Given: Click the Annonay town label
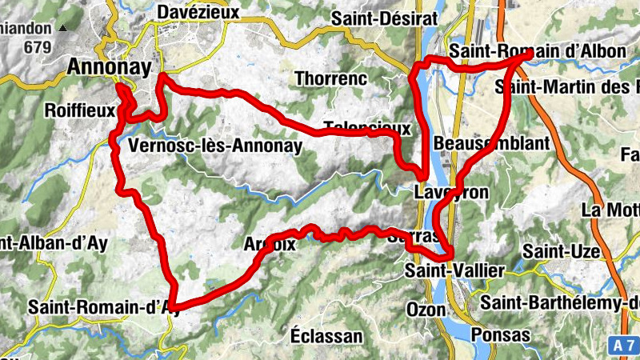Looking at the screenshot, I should click(x=110, y=68).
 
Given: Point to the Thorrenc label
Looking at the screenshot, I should click(x=330, y=78).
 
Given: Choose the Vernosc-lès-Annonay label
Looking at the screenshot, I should click(x=215, y=146).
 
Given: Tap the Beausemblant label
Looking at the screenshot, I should click(x=492, y=143).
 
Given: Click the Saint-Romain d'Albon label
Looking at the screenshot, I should click(x=538, y=51).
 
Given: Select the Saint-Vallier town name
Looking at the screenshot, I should click(x=455, y=271).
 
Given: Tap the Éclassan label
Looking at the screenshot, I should click(x=326, y=335).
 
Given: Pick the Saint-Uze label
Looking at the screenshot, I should click(x=562, y=252).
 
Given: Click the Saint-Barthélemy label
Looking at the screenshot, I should click(x=560, y=302).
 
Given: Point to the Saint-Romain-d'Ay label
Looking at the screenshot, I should click(x=101, y=306).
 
